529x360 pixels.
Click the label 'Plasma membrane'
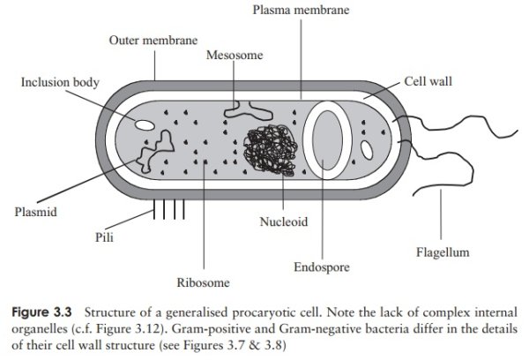point(300,11)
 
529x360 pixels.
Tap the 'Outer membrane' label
point(153,41)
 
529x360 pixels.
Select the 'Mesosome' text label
point(234,56)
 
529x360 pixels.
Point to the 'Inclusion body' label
point(59,82)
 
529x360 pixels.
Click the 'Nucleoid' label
point(283,221)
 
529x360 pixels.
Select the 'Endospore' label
point(322,266)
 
